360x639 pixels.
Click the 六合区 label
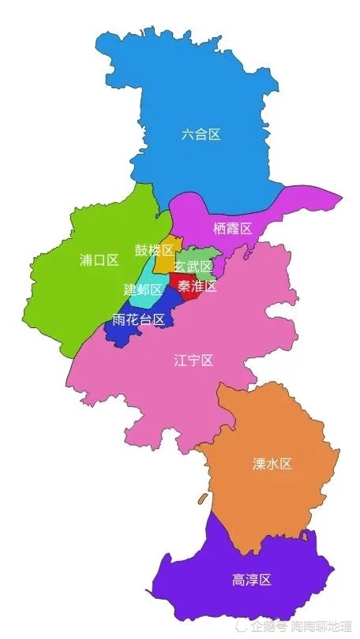[x=201, y=134]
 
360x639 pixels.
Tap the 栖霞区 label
[x=232, y=229]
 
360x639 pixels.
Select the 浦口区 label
[x=99, y=260]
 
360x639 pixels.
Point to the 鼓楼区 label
[x=153, y=250]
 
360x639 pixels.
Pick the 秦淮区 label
[x=197, y=286]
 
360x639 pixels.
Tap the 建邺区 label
[x=142, y=290]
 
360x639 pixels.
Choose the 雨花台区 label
[x=139, y=319]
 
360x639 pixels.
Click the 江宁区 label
[x=194, y=361]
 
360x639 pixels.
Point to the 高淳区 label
[x=252, y=580]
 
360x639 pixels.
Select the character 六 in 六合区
[x=187, y=134]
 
